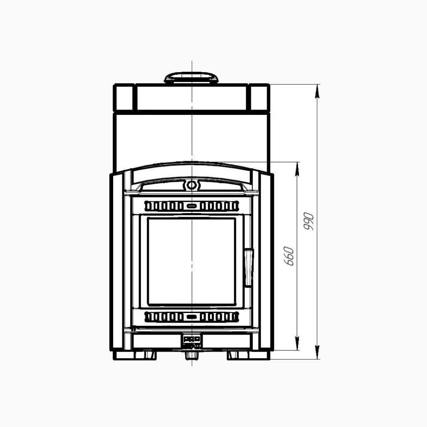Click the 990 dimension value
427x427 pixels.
(x=308, y=221)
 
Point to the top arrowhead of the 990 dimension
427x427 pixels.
(x=317, y=88)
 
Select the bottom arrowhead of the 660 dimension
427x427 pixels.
(x=298, y=346)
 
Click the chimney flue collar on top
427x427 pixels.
(x=191, y=78)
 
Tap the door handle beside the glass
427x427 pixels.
(x=248, y=268)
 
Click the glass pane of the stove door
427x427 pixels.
(x=191, y=261)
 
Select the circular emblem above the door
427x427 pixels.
(x=191, y=185)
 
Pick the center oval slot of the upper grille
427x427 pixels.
(x=191, y=206)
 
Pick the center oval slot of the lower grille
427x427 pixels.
(x=191, y=317)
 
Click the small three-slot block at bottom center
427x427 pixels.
(x=191, y=339)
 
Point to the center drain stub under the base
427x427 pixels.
(x=191, y=355)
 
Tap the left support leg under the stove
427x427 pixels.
(x=147, y=355)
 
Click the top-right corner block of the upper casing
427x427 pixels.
(x=260, y=98)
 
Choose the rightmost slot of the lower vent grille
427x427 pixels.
(x=234, y=317)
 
